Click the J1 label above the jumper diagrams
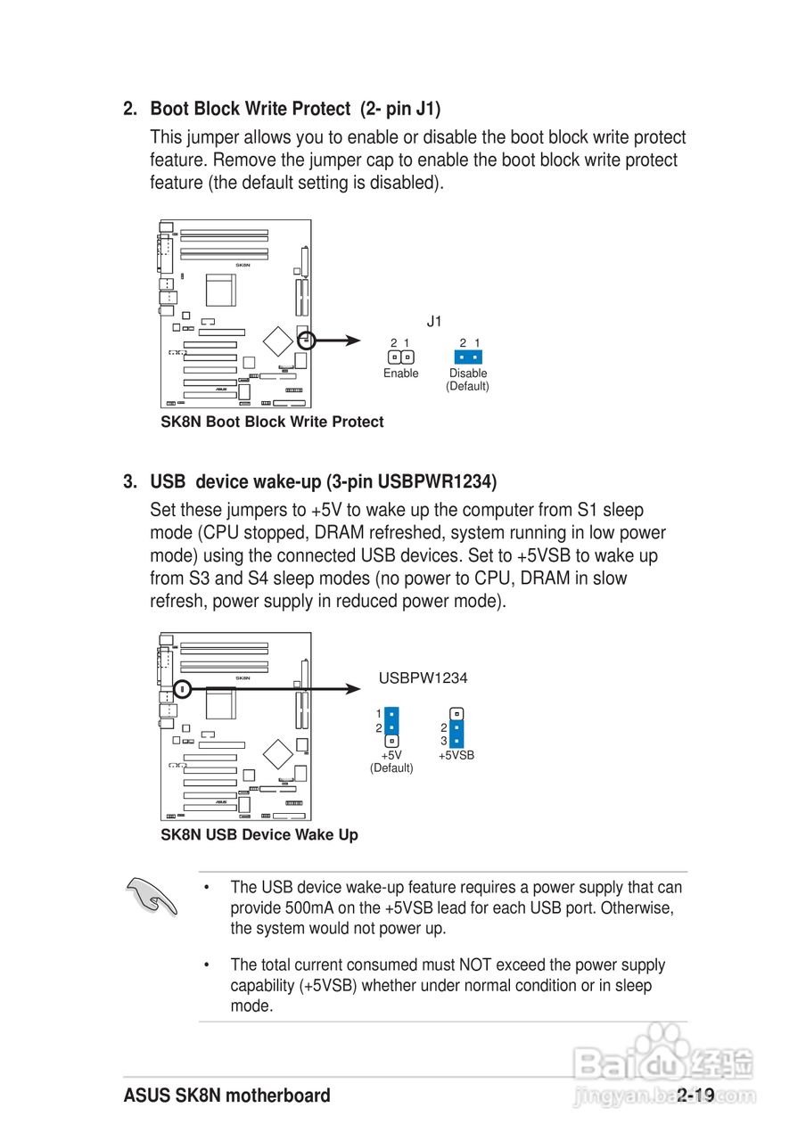434,322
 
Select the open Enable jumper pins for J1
400,357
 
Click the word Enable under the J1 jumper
400,373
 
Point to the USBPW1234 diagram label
423,678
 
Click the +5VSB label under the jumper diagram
456,755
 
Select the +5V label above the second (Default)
391,755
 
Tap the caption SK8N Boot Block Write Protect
272,422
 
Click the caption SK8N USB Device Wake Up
259,834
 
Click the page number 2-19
695,1096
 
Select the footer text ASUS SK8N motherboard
227,1096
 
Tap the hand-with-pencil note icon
152,895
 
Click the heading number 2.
130,109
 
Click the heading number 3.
130,482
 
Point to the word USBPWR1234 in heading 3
434,482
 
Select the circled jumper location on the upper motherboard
306,340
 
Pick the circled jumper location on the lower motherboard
182,688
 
